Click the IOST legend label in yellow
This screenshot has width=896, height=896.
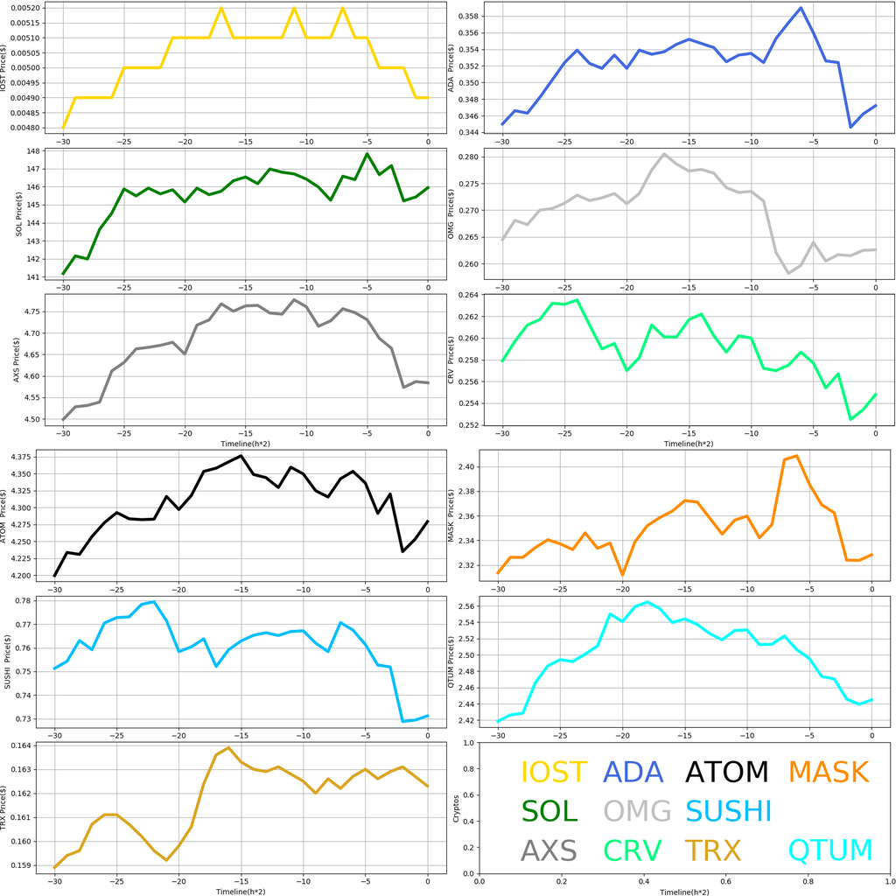click(x=554, y=773)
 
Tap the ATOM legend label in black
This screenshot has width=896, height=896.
click(x=726, y=773)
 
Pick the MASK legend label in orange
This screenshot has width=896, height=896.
click(x=828, y=773)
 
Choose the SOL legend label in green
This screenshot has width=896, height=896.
click(x=549, y=811)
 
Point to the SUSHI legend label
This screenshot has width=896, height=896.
click(x=729, y=811)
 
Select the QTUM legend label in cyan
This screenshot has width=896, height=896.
click(x=830, y=850)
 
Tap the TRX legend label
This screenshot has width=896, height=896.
click(x=712, y=850)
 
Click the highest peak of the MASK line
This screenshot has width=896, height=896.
click(x=796, y=456)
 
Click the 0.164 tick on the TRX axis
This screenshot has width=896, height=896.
click(x=27, y=745)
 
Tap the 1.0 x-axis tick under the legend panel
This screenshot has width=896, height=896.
click(x=889, y=883)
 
